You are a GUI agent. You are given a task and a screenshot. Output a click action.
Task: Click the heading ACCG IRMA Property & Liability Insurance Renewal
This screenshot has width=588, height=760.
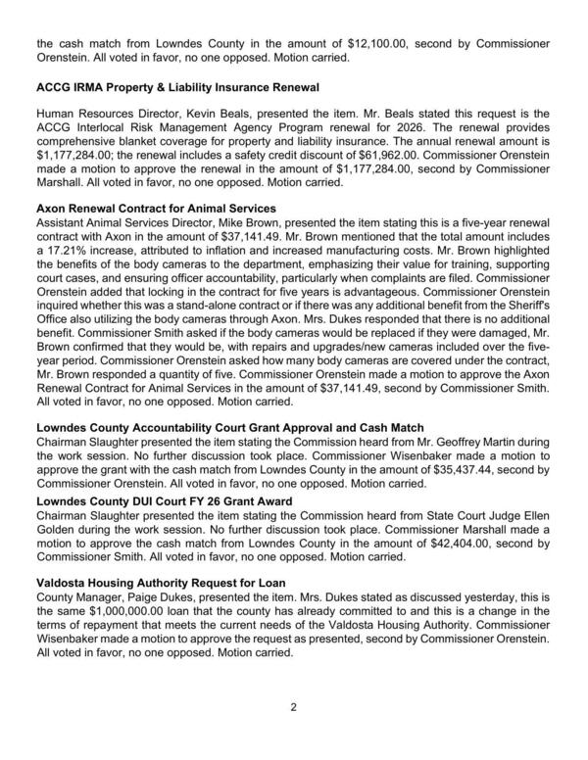pos(177,88)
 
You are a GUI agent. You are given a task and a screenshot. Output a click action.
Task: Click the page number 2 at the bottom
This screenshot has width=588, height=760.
pos(293,705)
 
